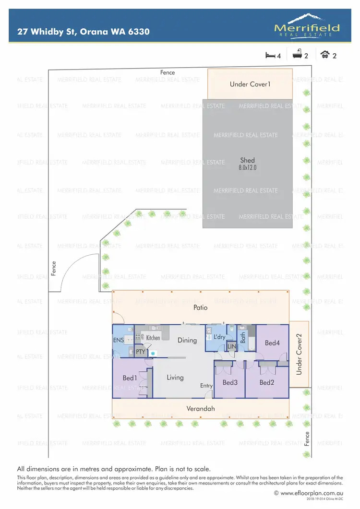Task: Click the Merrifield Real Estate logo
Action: pos(307,25)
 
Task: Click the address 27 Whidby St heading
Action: pos(84,32)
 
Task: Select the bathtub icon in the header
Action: pos(298,55)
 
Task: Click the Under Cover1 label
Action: pos(250,84)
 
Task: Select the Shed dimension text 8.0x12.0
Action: pos(248,168)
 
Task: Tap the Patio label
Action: pos(201,308)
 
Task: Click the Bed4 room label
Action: pos(272,343)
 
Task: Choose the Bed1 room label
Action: pos(129,378)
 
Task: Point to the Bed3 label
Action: pos(230,382)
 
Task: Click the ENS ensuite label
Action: pos(118,340)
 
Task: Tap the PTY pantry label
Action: pos(140,352)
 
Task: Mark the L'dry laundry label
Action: pos(219,337)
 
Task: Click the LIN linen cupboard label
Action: pos(231,346)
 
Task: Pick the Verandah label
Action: pos(201,409)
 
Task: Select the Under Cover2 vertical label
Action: pos(299,354)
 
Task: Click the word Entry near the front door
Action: pos(206,386)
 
